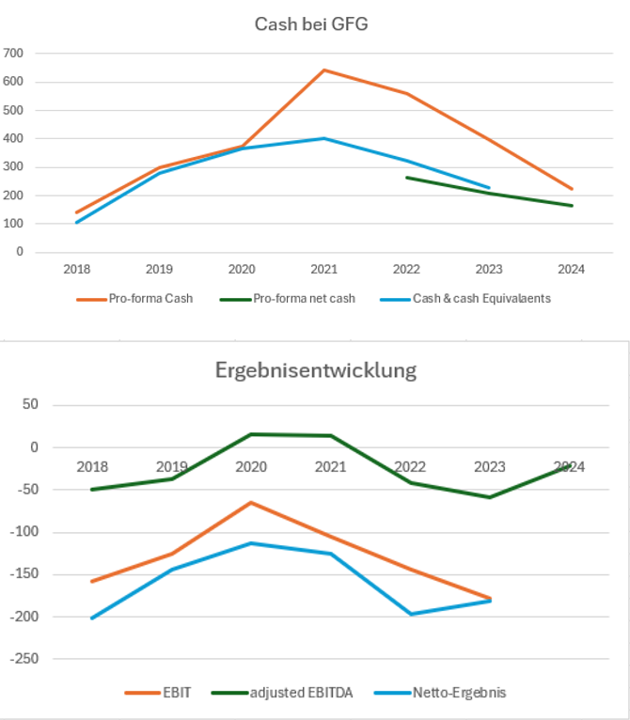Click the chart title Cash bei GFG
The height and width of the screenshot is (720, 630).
coord(311,24)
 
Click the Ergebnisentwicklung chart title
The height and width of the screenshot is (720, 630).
coord(316,369)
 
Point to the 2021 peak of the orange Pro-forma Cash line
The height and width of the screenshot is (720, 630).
coord(324,70)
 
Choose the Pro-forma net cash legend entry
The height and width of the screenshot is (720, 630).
coord(291,299)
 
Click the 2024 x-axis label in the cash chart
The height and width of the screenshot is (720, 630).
coord(571,269)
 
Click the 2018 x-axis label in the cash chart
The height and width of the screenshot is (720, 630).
coord(77,269)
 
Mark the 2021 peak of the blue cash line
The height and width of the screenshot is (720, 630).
coord(324,138)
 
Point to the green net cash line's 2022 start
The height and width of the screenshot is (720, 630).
coord(406,177)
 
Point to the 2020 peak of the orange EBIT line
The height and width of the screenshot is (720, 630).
coord(251,502)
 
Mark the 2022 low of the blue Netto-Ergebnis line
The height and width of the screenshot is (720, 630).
coord(410,614)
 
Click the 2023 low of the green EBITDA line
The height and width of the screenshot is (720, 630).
coord(489,497)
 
